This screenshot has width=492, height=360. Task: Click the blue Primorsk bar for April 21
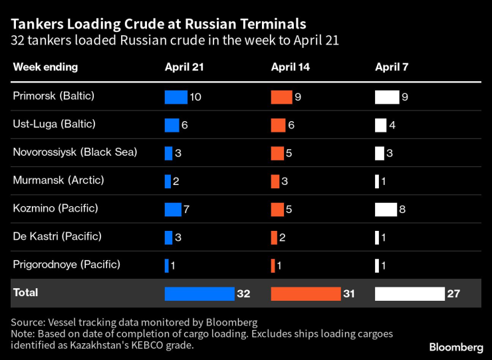[176, 97]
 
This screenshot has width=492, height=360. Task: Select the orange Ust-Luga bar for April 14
[278, 125]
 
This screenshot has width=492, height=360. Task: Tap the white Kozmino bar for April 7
[386, 210]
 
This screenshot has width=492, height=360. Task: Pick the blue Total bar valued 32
[199, 293]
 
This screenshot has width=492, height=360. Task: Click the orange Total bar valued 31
[306, 293]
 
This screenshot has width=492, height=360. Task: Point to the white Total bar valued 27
[410, 293]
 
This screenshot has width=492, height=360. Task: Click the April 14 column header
[290, 67]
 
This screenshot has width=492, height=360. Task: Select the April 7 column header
[391, 67]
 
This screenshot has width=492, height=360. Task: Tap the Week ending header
[45, 67]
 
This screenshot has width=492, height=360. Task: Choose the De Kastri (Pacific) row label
[57, 236]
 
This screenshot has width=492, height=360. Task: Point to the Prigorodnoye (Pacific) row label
[66, 264]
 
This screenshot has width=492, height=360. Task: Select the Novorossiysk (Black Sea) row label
[74, 152]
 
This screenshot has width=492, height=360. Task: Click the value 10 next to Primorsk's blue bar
[195, 97]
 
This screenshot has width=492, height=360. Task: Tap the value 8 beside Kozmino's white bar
[403, 210]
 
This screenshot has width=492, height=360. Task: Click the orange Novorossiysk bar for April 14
[277, 153]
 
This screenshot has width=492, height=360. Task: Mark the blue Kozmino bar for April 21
[173, 210]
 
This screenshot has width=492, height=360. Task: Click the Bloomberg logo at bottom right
[456, 347]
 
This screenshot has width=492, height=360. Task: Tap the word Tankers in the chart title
[37, 24]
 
